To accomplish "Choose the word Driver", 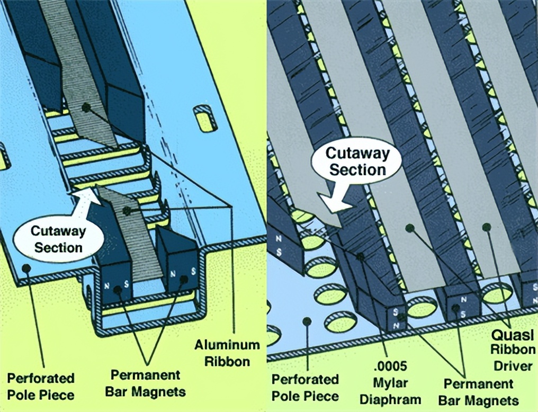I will (513, 365).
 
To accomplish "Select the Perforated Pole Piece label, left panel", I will (41, 386).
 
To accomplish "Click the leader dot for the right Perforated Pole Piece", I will (306, 321).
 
